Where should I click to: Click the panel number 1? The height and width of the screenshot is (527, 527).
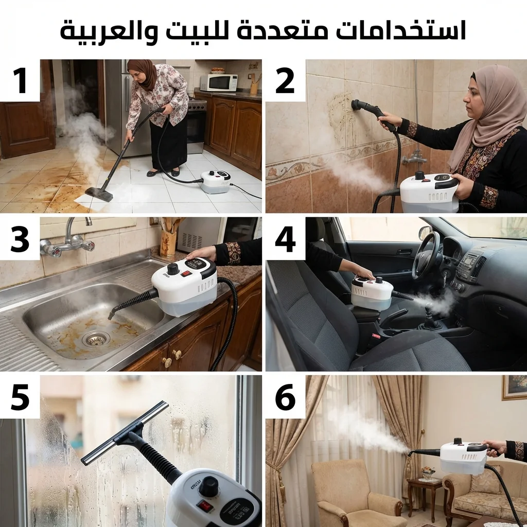click(x=20, y=80)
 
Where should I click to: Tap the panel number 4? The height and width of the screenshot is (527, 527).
click(x=285, y=239)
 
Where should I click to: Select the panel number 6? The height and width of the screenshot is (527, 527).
click(x=285, y=397)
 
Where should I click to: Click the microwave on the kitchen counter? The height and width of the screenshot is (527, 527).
click(x=219, y=83)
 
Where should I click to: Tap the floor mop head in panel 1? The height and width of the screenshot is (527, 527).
click(x=99, y=194)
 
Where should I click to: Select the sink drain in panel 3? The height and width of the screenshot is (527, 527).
click(x=96, y=340)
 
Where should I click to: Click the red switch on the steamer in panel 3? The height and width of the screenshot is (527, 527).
click(x=186, y=274)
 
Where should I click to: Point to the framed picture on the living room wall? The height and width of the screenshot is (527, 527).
click(x=514, y=388)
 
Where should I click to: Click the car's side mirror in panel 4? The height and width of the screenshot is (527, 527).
click(x=425, y=233)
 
